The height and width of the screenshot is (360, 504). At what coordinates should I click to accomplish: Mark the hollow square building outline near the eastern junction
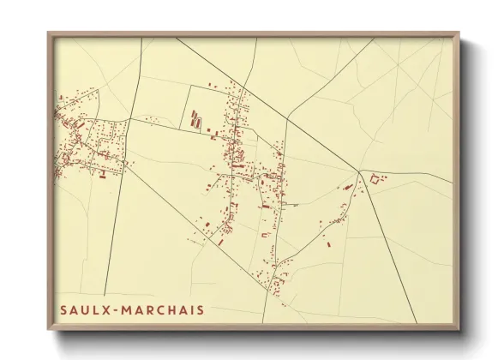coord(374,178)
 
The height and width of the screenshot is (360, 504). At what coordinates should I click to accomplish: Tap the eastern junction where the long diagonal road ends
coord(361,172)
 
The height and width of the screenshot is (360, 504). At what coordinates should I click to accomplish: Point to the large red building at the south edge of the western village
coord(102,176)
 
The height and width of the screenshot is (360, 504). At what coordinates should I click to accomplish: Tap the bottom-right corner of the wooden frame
coord(459,329)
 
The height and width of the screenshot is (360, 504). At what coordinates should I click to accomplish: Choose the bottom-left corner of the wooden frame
coord(49,329)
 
